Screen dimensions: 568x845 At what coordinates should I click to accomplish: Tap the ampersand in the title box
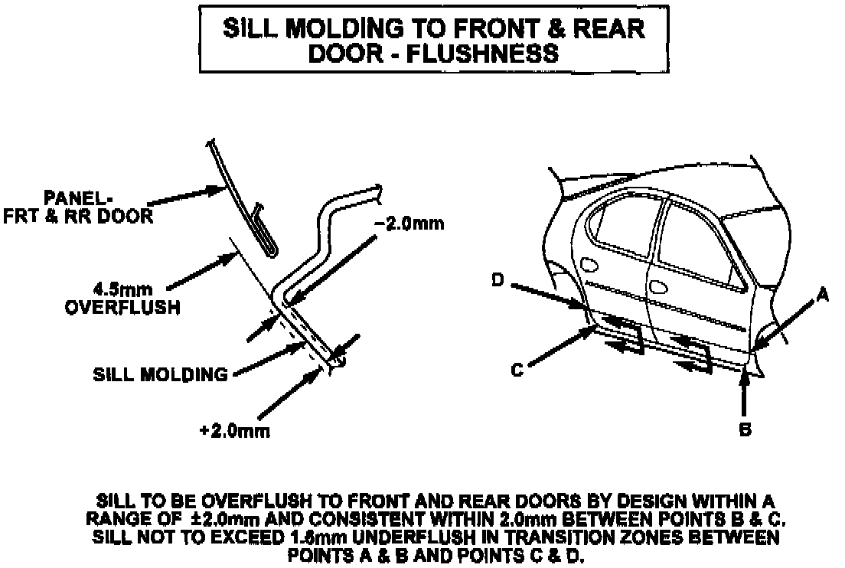557,29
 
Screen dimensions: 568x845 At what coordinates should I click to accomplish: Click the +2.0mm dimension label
234,431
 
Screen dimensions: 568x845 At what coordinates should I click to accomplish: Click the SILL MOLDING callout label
160,375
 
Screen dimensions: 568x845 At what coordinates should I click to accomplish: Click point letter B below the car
744,430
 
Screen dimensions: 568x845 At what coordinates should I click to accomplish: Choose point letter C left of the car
517,371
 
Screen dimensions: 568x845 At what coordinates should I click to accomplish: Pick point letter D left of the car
498,282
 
